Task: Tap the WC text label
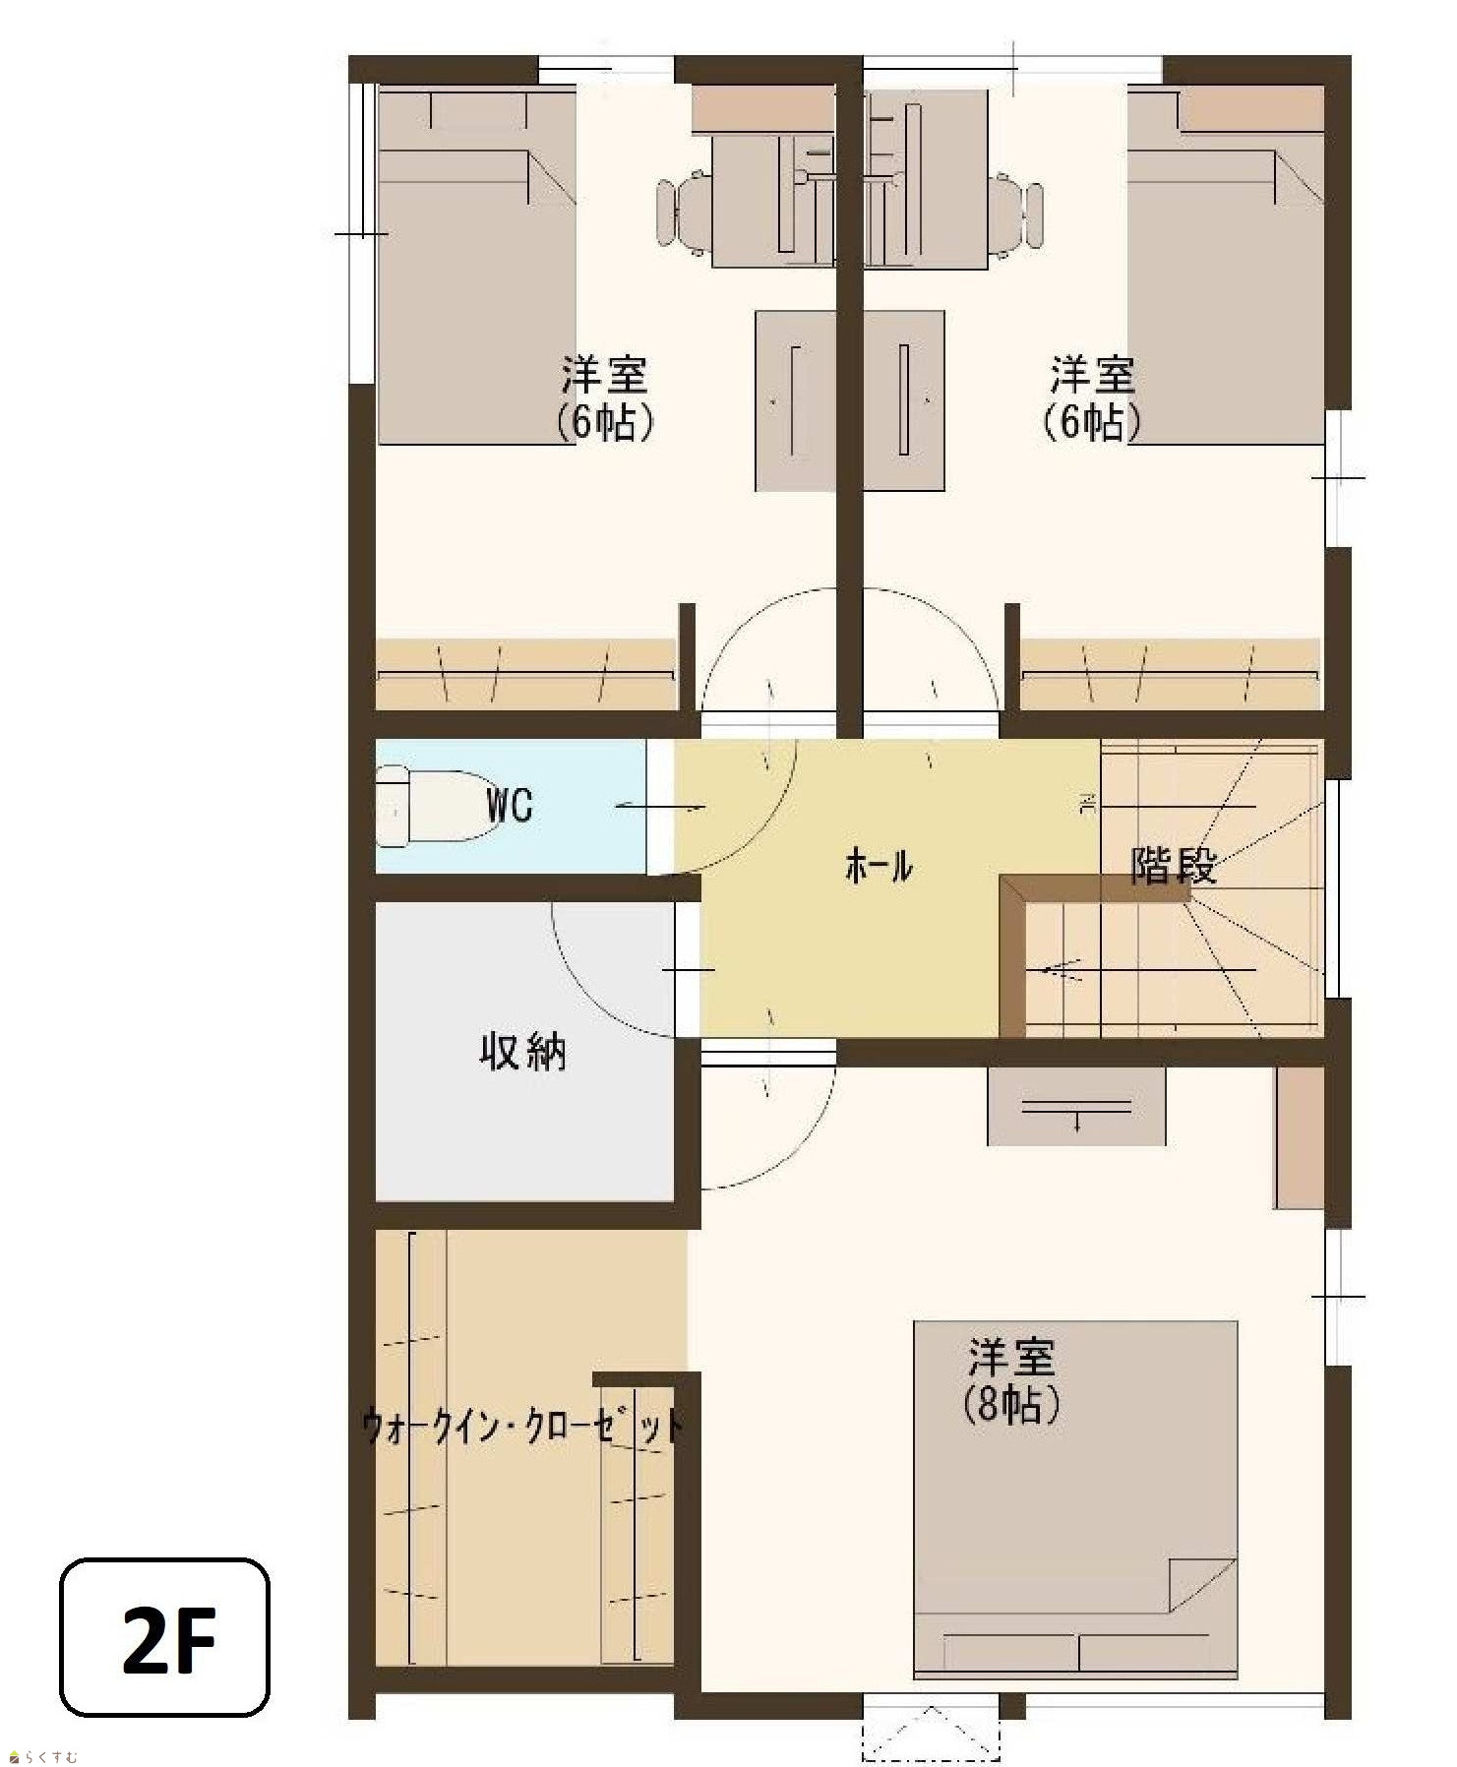coord(510,805)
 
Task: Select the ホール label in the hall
coord(879,867)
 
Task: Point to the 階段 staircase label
coord(1175,865)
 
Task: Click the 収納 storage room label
coord(522,1052)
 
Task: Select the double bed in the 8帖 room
coord(1075,1499)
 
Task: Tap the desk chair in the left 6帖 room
coord(685,213)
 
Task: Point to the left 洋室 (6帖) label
coord(605,398)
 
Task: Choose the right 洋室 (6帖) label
coord(1092,398)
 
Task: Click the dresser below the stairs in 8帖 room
coord(1076,1106)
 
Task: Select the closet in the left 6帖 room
coord(526,674)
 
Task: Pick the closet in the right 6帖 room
coord(1171,674)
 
